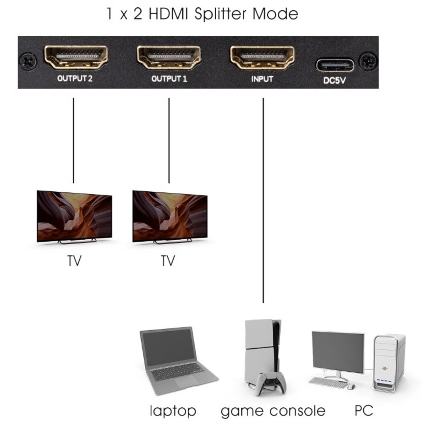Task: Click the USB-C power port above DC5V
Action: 335,65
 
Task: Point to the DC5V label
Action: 335,80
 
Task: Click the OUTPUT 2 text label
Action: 75,79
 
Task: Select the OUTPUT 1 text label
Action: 169,79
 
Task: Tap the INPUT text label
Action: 262,79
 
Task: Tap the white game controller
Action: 268,382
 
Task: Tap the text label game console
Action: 273,411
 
